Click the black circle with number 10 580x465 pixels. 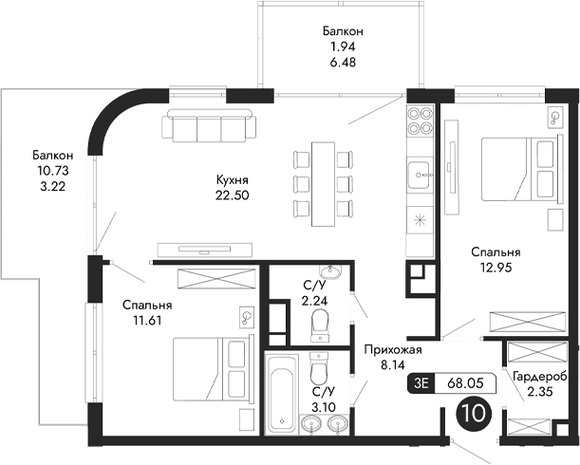[x=475, y=414]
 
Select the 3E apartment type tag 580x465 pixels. [x=422, y=383]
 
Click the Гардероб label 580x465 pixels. [x=539, y=377]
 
